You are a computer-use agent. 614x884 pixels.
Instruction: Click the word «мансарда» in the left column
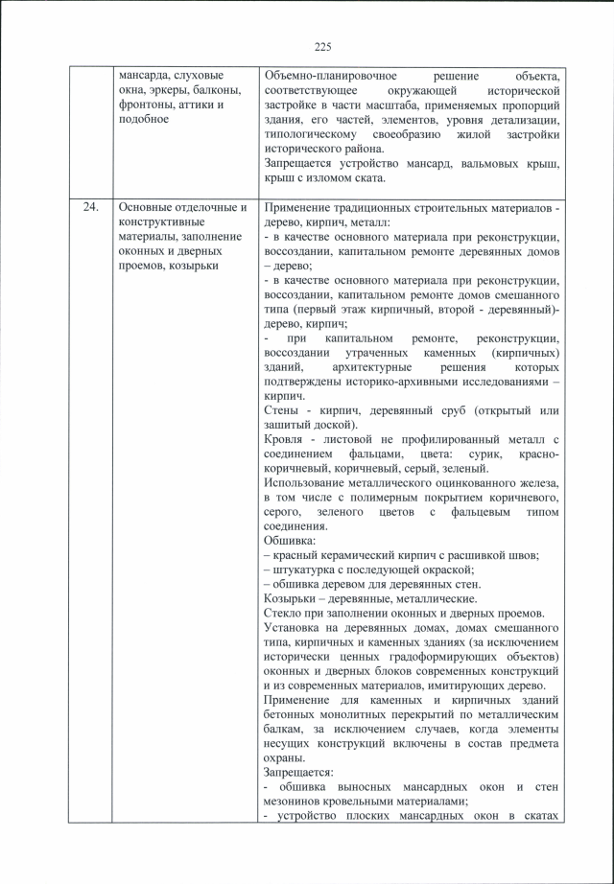(145, 75)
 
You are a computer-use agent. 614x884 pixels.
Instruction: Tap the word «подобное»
(143, 119)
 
